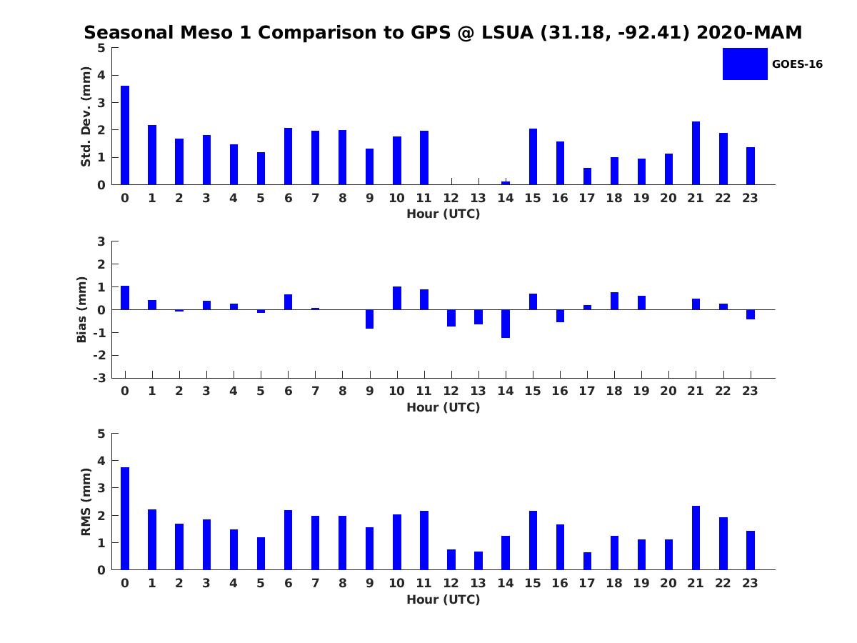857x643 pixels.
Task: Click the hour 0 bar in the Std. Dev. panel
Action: pos(125,135)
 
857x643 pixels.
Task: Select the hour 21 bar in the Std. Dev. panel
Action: pos(696,153)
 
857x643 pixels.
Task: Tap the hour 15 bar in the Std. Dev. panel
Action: pos(533,156)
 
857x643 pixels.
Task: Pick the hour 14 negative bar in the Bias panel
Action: pos(506,324)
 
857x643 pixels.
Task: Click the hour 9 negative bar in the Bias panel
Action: pos(369,319)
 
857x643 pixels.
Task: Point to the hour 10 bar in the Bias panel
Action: pos(397,298)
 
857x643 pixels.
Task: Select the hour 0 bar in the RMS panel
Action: pos(125,519)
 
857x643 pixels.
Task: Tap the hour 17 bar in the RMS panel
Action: pos(587,561)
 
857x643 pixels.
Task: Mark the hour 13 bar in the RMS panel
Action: pos(478,561)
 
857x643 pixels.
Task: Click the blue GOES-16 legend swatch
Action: pos(745,64)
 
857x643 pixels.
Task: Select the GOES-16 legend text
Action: pos(797,64)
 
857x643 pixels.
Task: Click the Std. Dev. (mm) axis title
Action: pos(86,116)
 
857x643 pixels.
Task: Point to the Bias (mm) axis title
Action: pos(82,309)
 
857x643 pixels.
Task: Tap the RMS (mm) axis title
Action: pos(86,502)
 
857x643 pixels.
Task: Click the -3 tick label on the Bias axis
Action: pos(101,378)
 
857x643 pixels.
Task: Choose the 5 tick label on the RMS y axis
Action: pos(101,434)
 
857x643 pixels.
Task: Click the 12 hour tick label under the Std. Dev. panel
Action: pos(451,199)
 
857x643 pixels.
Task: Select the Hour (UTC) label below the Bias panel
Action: pos(443,407)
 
